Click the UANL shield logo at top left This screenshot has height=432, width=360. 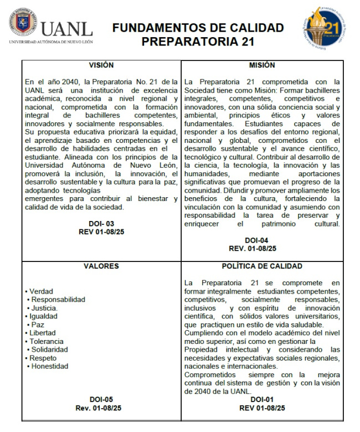pos(23,22)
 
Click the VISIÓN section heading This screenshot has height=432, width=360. pos(101,65)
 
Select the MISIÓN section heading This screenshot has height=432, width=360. pos(262,65)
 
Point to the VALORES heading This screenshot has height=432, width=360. pos(101,266)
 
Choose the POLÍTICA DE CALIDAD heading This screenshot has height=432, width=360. pos(262,266)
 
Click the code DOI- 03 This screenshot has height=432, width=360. pos(101,223)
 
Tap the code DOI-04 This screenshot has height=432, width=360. pos(260,240)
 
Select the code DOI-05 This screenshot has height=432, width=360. pos(101,399)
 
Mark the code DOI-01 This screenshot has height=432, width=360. pos(262,399)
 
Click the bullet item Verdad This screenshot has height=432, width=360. pos(42,291)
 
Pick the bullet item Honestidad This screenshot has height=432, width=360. pos(50,366)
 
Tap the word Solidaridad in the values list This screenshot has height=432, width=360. pos(49,349)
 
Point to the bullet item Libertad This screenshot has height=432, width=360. pos(43,333)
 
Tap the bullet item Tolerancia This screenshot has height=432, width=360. pos(47,341)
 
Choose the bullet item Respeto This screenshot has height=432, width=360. pos(43,358)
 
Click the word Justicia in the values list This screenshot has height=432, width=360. pos(45,308)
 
